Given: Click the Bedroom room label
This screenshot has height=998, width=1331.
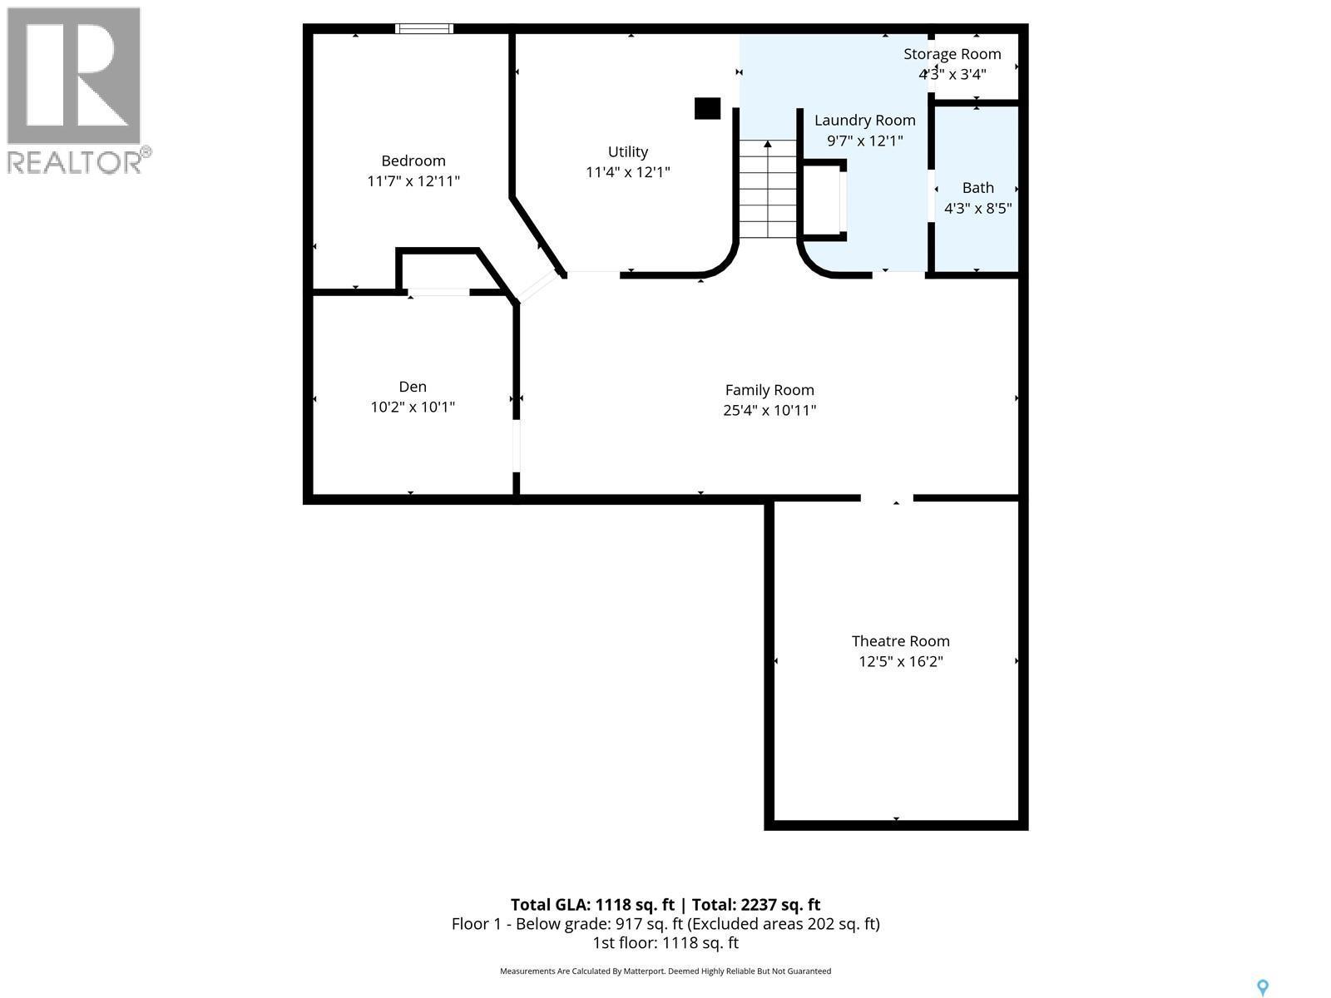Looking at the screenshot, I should coord(413,161).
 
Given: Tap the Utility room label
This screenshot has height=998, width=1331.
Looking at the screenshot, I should coord(628,151).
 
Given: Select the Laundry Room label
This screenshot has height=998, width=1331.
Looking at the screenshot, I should coord(864,121).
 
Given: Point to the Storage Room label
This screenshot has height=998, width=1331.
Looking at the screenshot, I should coord(952,54).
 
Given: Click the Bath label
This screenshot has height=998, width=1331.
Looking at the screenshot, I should coord(977,188).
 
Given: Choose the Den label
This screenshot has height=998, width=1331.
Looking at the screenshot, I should coord(413,386).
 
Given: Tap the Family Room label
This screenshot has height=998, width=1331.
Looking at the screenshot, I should coord(769,390).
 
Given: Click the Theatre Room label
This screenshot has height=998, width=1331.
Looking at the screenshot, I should coord(900,641).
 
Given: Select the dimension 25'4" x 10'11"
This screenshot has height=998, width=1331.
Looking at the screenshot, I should coord(769,410).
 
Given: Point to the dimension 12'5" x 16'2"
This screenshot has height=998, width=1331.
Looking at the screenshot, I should coord(900,662).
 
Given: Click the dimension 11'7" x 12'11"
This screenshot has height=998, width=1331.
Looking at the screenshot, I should coord(413,181).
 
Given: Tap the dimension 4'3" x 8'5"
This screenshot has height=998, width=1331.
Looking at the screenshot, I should coord(977,209).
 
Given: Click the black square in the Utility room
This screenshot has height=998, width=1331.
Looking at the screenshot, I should coord(707,108).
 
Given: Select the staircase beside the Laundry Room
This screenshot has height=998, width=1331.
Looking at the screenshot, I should coord(767,190).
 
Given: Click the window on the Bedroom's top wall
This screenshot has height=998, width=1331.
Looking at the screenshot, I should coord(424,28).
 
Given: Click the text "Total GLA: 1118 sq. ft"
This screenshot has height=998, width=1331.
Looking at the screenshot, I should coord(592,905).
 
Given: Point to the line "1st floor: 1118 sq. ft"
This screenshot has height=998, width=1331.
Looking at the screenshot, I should coord(665,943).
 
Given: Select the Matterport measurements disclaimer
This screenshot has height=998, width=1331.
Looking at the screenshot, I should coord(665,971).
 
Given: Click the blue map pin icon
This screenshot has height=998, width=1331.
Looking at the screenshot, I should coord(1263,988).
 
